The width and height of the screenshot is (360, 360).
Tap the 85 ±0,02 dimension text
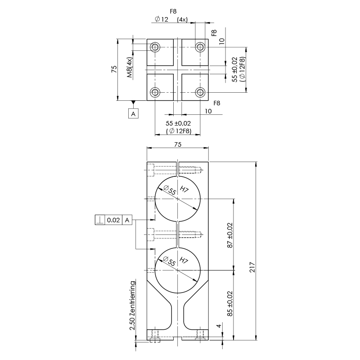[230, 304]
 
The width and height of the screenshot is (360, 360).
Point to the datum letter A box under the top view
[133, 114]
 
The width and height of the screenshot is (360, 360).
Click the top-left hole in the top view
[156, 47]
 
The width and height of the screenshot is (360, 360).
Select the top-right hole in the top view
[200, 47]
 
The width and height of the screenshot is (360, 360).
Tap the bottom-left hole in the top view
[156, 92]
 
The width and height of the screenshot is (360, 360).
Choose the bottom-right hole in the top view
[200, 92]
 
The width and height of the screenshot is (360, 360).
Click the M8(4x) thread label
[129, 68]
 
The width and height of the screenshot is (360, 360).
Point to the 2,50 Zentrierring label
[132, 306]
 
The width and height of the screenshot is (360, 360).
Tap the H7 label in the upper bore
[184, 189]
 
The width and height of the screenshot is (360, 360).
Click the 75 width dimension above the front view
[177, 144]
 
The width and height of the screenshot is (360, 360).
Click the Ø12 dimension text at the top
[161, 19]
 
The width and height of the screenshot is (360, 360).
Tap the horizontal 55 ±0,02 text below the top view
[178, 123]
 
